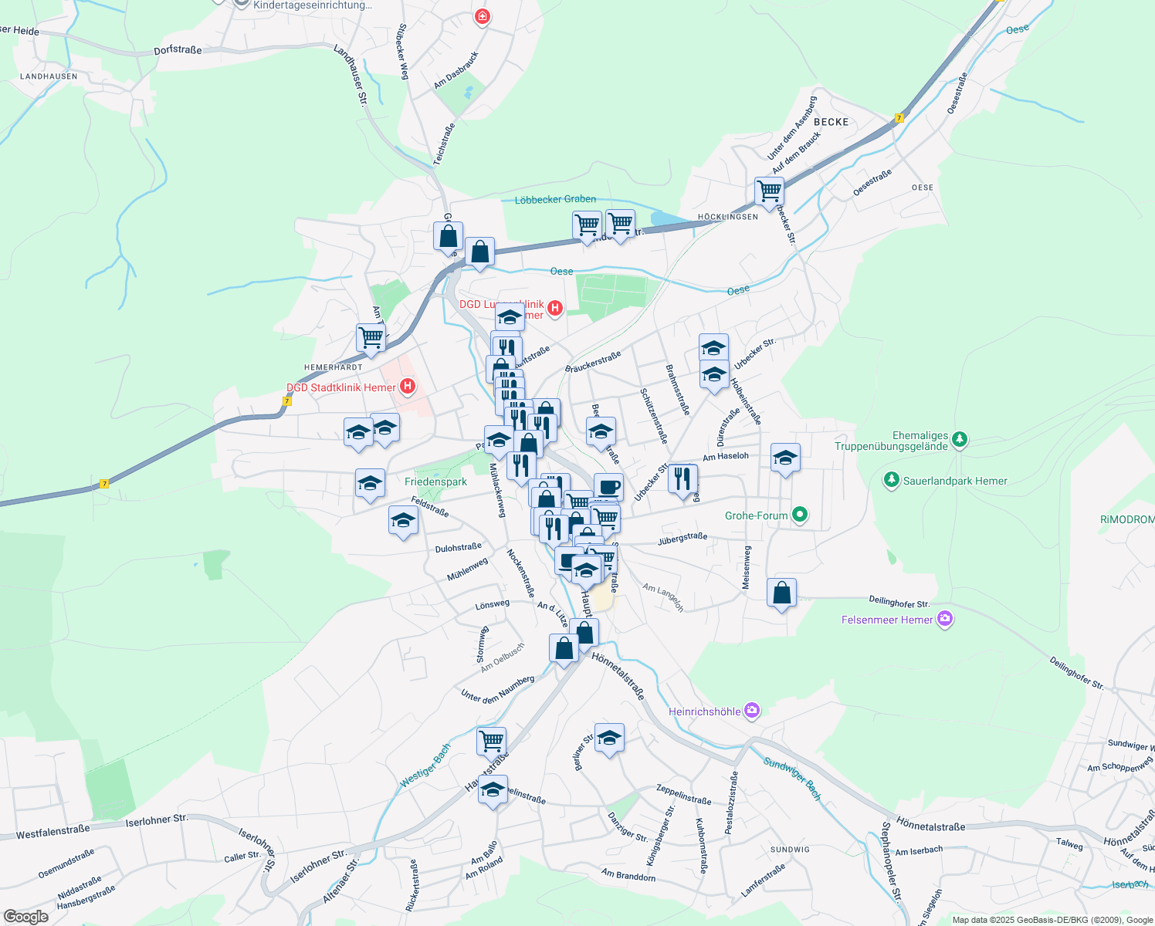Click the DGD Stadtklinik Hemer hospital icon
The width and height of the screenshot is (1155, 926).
(x=408, y=387)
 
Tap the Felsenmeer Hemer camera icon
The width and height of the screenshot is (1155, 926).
(x=944, y=619)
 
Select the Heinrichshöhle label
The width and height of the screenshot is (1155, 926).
(x=704, y=711)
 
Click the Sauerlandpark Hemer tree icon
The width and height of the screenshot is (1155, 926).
(x=892, y=481)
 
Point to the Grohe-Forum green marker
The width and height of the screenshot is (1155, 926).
(x=800, y=515)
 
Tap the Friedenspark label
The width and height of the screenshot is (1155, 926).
(x=435, y=482)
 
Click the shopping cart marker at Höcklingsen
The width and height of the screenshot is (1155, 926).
(x=769, y=191)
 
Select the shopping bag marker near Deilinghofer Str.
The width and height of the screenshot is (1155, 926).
(x=781, y=593)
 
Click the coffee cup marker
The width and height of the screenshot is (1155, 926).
(x=608, y=487)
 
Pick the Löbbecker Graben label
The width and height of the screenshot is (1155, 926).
(x=555, y=199)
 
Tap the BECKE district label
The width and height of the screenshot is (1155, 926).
(x=831, y=122)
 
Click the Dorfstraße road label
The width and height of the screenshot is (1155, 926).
(x=178, y=50)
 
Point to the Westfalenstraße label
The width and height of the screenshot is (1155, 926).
(x=53, y=833)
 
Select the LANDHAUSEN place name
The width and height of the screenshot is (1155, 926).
(x=49, y=76)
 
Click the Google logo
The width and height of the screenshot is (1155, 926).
(x=25, y=917)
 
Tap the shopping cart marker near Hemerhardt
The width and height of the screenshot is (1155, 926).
(x=371, y=338)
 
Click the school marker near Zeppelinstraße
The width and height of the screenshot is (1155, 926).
(x=609, y=738)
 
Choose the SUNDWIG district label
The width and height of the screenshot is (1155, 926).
(x=790, y=849)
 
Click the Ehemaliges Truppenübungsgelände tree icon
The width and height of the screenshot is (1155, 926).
(x=959, y=439)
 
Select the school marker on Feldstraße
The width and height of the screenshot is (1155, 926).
(x=403, y=521)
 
